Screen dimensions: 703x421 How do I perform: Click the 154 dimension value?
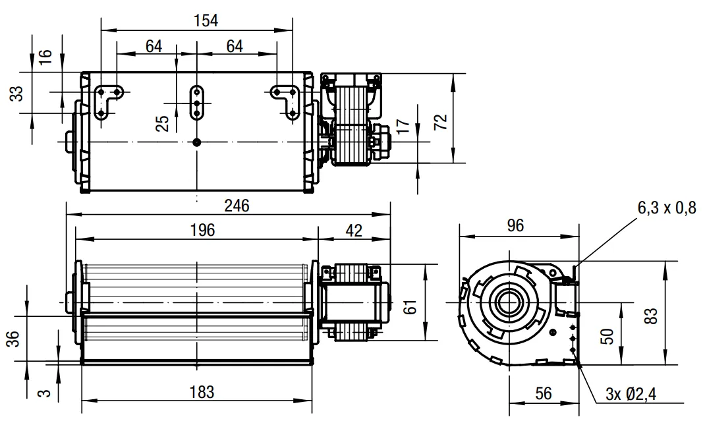click(206, 20)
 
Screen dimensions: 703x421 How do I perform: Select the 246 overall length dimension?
click(237, 206)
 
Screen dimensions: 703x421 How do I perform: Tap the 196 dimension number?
click(203, 230)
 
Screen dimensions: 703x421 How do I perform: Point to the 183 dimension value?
click(202, 392)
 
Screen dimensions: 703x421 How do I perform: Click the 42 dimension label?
click(354, 231)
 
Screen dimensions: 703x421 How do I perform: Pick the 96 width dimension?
click(515, 225)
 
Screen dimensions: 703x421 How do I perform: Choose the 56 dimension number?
click(544, 393)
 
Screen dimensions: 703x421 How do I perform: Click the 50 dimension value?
click(607, 336)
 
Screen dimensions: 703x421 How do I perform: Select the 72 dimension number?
click(441, 122)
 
